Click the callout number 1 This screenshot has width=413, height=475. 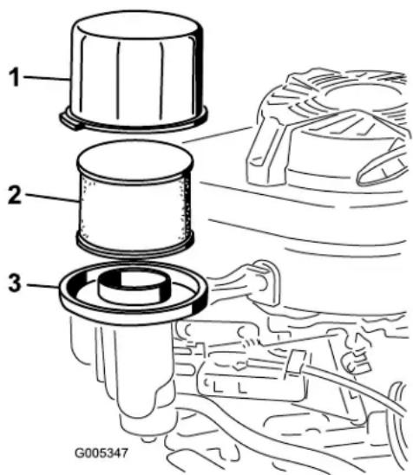coord(14,77)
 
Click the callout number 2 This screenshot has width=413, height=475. coord(15,194)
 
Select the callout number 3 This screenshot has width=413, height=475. coord(15,283)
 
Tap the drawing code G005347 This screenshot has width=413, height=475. coord(102,453)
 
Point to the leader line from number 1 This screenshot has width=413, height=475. coord(47,78)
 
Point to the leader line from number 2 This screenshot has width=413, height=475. coord(51,197)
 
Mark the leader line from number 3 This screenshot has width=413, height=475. coord(43,286)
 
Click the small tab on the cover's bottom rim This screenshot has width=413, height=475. coord(69,120)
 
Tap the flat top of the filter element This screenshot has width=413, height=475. coord(135,159)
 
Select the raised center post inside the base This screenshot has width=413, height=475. coord(134,286)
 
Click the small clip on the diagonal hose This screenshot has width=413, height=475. coord(295,362)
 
